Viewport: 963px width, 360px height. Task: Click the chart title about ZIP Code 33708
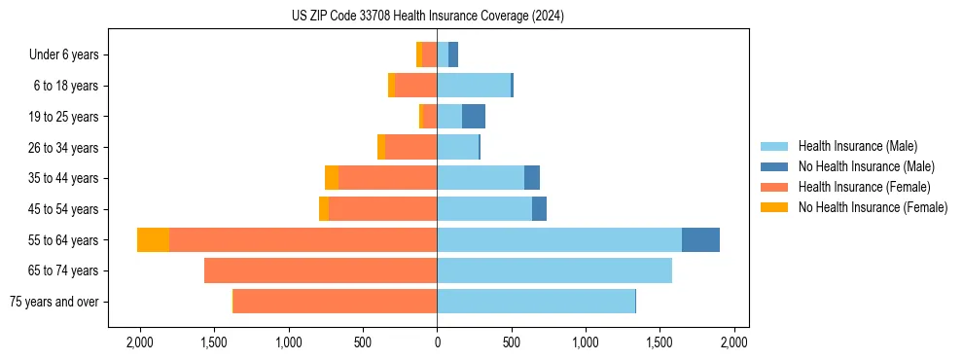427,17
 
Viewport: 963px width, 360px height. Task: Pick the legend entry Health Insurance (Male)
857,146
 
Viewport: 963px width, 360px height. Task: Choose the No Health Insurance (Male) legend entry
866,166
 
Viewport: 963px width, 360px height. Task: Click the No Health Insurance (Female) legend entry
873,207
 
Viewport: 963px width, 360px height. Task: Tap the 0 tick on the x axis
437,343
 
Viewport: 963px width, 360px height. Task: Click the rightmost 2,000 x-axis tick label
733,343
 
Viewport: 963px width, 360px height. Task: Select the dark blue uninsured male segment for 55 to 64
700,240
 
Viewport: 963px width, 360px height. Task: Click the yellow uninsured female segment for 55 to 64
153,240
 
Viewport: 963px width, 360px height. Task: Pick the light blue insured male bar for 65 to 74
554,270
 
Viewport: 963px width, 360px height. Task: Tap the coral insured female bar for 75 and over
335,302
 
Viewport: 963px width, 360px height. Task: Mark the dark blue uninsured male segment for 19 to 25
474,117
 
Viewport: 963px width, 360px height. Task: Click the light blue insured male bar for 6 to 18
474,86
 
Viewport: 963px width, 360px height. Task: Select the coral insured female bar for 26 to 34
410,147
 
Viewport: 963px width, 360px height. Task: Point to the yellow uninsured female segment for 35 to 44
332,178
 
